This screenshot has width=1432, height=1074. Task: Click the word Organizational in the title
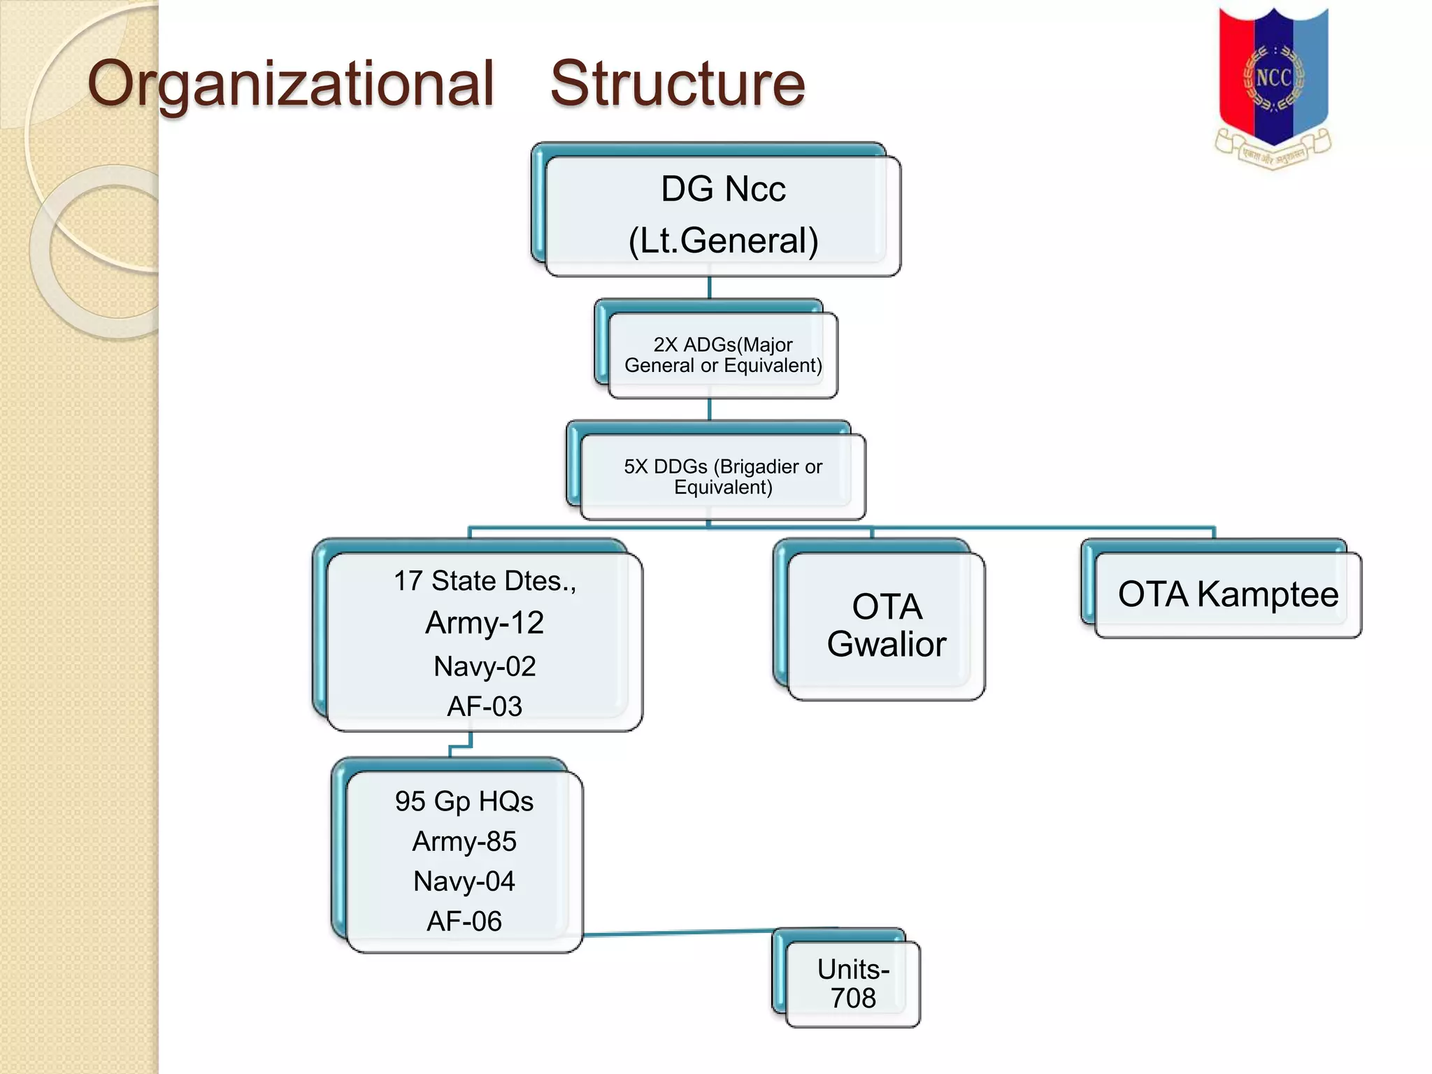[x=291, y=84]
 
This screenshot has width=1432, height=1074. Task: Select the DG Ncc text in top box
[x=723, y=189]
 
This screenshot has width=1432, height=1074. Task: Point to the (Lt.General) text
[x=723, y=241]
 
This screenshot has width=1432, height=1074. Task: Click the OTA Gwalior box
[x=886, y=625]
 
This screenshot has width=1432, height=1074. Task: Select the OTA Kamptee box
[x=1227, y=594]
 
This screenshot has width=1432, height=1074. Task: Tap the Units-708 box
[x=852, y=983]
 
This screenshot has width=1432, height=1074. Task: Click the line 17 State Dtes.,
[x=485, y=581]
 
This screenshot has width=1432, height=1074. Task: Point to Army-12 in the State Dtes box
[x=485, y=622]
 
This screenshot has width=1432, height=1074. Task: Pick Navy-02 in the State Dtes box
[x=485, y=666]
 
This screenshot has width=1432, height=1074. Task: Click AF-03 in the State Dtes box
[x=485, y=706]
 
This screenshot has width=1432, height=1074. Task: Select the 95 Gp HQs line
[x=464, y=801]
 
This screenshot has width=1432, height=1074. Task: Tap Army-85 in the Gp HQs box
[x=464, y=841]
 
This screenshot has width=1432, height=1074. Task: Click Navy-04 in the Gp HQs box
[x=464, y=881]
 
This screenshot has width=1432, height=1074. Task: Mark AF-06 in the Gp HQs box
[x=464, y=921]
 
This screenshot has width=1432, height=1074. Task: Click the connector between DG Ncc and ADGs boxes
[x=709, y=287]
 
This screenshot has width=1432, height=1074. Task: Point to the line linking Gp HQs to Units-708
[x=678, y=932]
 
